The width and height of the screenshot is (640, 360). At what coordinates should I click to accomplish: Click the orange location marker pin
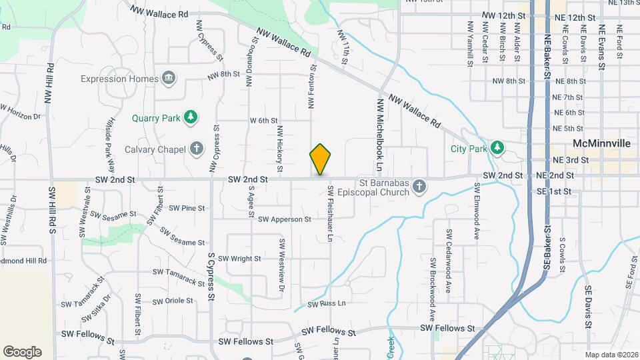point(320,159)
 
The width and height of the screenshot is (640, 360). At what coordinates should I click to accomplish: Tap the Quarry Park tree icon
point(191,118)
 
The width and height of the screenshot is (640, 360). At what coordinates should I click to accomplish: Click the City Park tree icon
point(496,147)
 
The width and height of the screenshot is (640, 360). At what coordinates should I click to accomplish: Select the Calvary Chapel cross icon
point(196,149)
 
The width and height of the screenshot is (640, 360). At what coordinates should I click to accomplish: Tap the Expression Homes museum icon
point(169,79)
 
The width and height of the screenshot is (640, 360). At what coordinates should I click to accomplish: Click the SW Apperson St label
point(285,219)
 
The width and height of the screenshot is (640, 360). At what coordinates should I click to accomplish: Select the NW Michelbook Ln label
point(381,133)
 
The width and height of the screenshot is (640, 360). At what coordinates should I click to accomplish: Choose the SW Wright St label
point(239,258)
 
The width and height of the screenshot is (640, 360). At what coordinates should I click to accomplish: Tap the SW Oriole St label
point(173,301)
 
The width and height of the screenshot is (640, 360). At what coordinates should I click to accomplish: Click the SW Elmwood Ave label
point(477,217)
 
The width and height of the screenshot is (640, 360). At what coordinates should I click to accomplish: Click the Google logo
point(22,352)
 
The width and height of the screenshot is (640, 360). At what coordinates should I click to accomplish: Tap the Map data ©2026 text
point(611,354)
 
